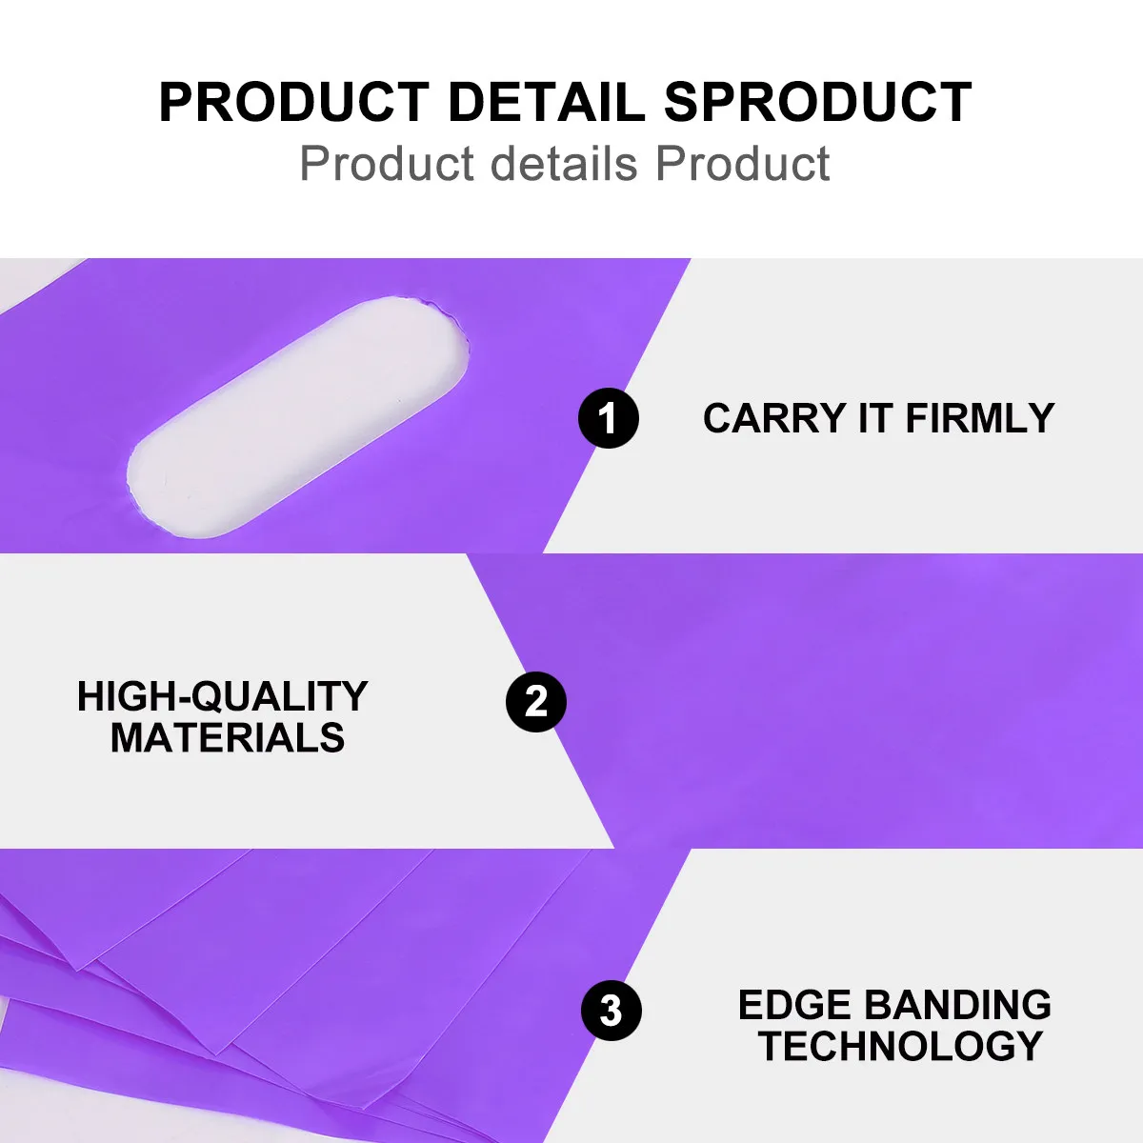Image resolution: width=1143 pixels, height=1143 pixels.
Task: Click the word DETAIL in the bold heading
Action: (547, 103)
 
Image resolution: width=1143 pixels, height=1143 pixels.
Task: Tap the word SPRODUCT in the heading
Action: (817, 103)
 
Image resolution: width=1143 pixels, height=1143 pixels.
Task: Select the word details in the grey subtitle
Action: (564, 163)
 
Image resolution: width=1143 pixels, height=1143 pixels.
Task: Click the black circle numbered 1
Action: (608, 418)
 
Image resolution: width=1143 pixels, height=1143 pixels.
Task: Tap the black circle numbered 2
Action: (535, 702)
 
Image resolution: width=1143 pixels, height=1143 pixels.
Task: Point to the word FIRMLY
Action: (980, 418)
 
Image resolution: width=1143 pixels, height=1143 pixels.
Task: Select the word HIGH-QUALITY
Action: (223, 696)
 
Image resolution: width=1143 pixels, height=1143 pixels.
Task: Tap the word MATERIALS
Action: (228, 738)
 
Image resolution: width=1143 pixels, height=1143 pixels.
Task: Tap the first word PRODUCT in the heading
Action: (294, 103)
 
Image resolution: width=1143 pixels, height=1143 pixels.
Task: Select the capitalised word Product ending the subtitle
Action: (742, 163)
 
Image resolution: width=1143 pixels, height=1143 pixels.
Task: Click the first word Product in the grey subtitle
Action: (387, 163)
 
